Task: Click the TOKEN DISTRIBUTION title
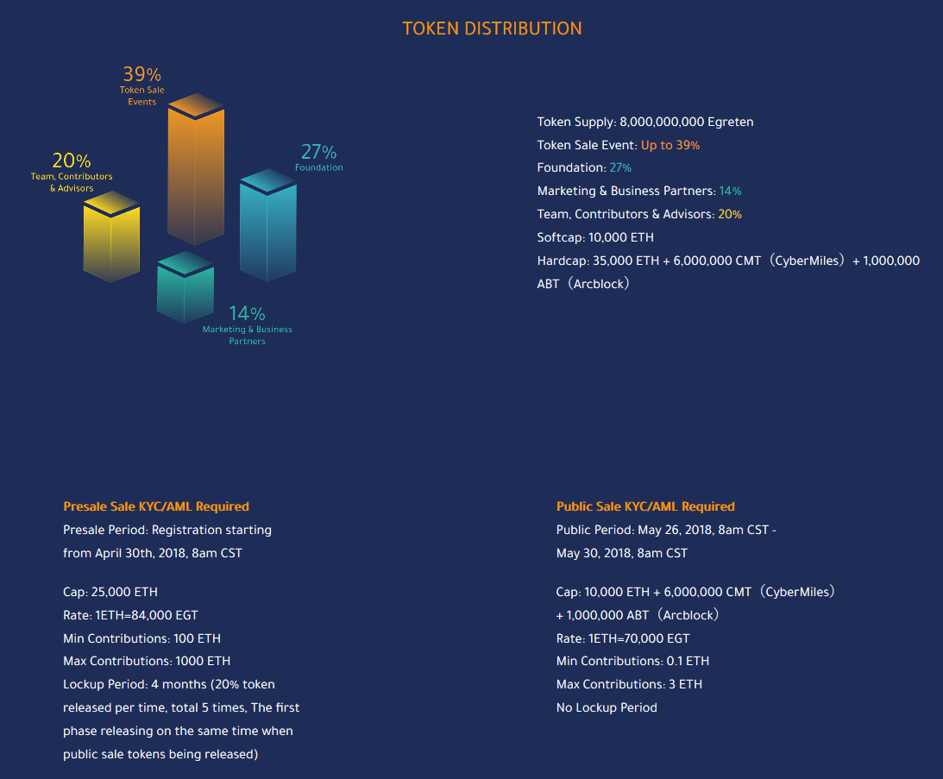[x=492, y=28]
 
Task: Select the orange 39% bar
[x=196, y=173]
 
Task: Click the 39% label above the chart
[x=141, y=74]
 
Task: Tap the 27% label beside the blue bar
[x=318, y=152]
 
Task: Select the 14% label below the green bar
[x=247, y=314]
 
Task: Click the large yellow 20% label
[x=71, y=160]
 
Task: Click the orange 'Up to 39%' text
[x=670, y=145]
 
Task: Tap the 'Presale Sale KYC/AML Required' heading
[x=156, y=506]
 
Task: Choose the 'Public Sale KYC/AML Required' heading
[x=645, y=506]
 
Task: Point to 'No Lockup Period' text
[x=607, y=707]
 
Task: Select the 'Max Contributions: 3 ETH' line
[x=629, y=684]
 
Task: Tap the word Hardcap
[x=563, y=261]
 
